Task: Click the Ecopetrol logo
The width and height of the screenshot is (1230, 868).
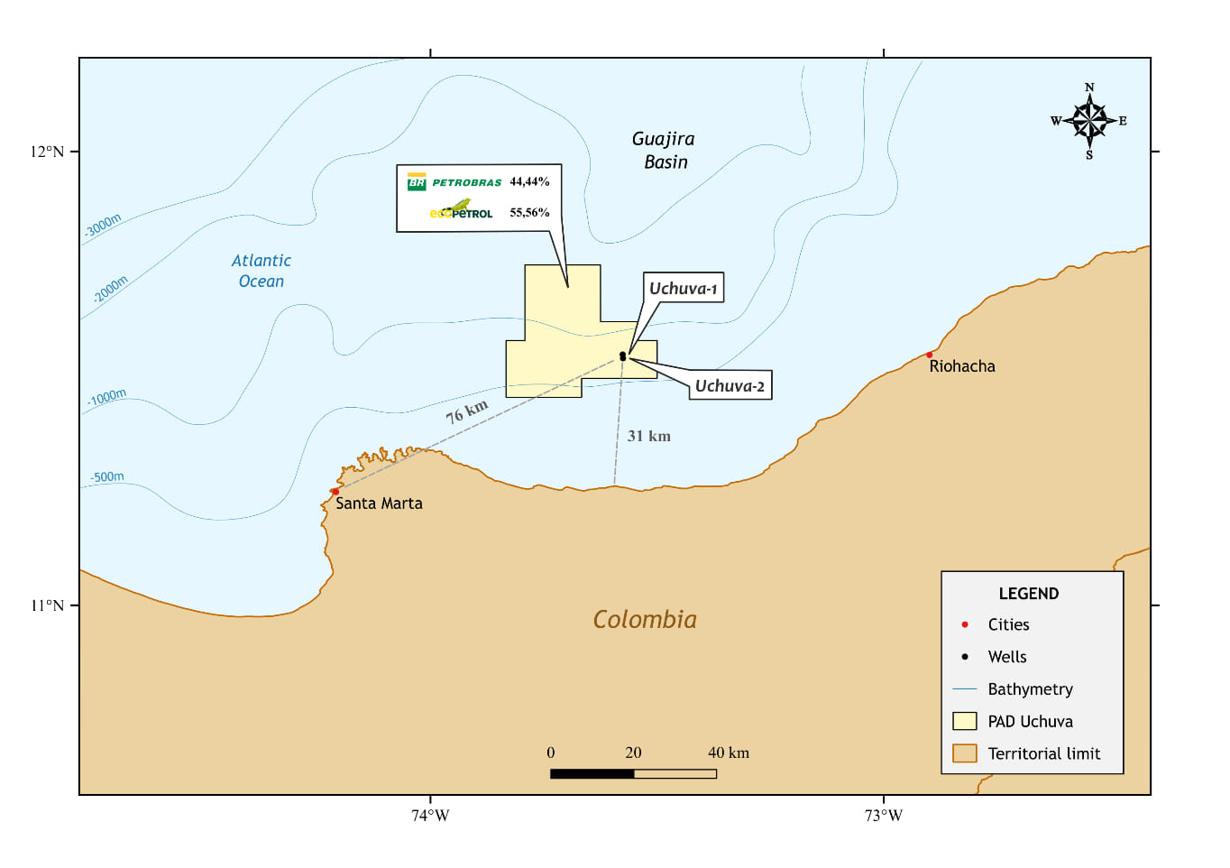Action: (461, 211)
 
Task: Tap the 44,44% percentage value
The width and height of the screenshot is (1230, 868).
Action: (529, 181)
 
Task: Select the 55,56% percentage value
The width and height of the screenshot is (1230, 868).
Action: (529, 213)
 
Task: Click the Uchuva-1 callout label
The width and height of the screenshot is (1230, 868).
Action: (683, 289)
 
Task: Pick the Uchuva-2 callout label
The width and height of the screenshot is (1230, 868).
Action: (730, 386)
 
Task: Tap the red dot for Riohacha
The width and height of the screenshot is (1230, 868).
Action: (930, 355)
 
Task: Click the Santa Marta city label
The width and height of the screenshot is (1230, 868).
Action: (379, 503)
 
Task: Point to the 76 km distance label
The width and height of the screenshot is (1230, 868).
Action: (467, 411)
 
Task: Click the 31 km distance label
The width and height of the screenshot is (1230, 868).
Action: (648, 436)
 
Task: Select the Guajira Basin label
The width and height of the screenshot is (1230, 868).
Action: (664, 150)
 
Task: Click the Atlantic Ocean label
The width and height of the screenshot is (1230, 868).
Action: (262, 271)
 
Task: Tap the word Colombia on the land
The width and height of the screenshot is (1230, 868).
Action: (645, 620)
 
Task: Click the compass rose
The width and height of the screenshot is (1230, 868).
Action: (1089, 120)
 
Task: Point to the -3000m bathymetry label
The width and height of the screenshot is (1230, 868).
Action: (104, 225)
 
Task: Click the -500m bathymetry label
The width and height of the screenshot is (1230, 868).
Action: (107, 476)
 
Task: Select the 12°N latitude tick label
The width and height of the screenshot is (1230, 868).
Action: (47, 152)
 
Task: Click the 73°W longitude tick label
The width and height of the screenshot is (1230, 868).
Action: (883, 816)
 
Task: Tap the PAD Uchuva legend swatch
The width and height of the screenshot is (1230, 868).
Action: (965, 721)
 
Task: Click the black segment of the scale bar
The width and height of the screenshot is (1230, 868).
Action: (592, 773)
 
